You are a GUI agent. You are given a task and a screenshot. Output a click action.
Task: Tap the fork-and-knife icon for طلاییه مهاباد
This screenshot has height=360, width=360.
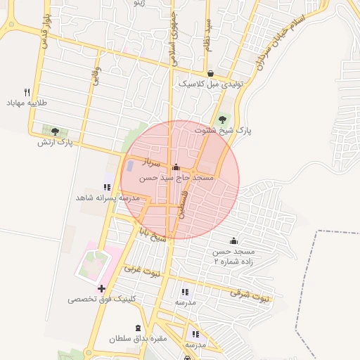(27, 92)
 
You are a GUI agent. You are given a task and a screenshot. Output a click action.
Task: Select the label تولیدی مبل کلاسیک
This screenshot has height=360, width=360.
(210, 84)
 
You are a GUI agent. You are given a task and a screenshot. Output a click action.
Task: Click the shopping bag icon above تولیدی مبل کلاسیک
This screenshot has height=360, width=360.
(210, 73)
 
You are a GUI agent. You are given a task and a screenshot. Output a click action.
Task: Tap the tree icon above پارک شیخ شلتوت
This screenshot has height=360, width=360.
(223, 119)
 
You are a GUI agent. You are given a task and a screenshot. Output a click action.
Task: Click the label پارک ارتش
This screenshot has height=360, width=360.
(56, 142)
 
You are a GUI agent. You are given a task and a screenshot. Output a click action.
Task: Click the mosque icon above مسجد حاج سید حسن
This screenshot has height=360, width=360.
(176, 168)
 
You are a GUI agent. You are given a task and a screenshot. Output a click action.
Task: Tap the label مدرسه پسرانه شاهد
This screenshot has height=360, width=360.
(109, 198)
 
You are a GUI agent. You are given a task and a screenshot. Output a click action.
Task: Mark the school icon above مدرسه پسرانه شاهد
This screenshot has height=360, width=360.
(106, 187)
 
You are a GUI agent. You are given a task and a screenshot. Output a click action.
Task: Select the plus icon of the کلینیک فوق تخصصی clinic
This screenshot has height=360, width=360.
(102, 288)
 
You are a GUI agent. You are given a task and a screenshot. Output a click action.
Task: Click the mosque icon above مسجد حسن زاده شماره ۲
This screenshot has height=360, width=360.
(233, 241)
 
